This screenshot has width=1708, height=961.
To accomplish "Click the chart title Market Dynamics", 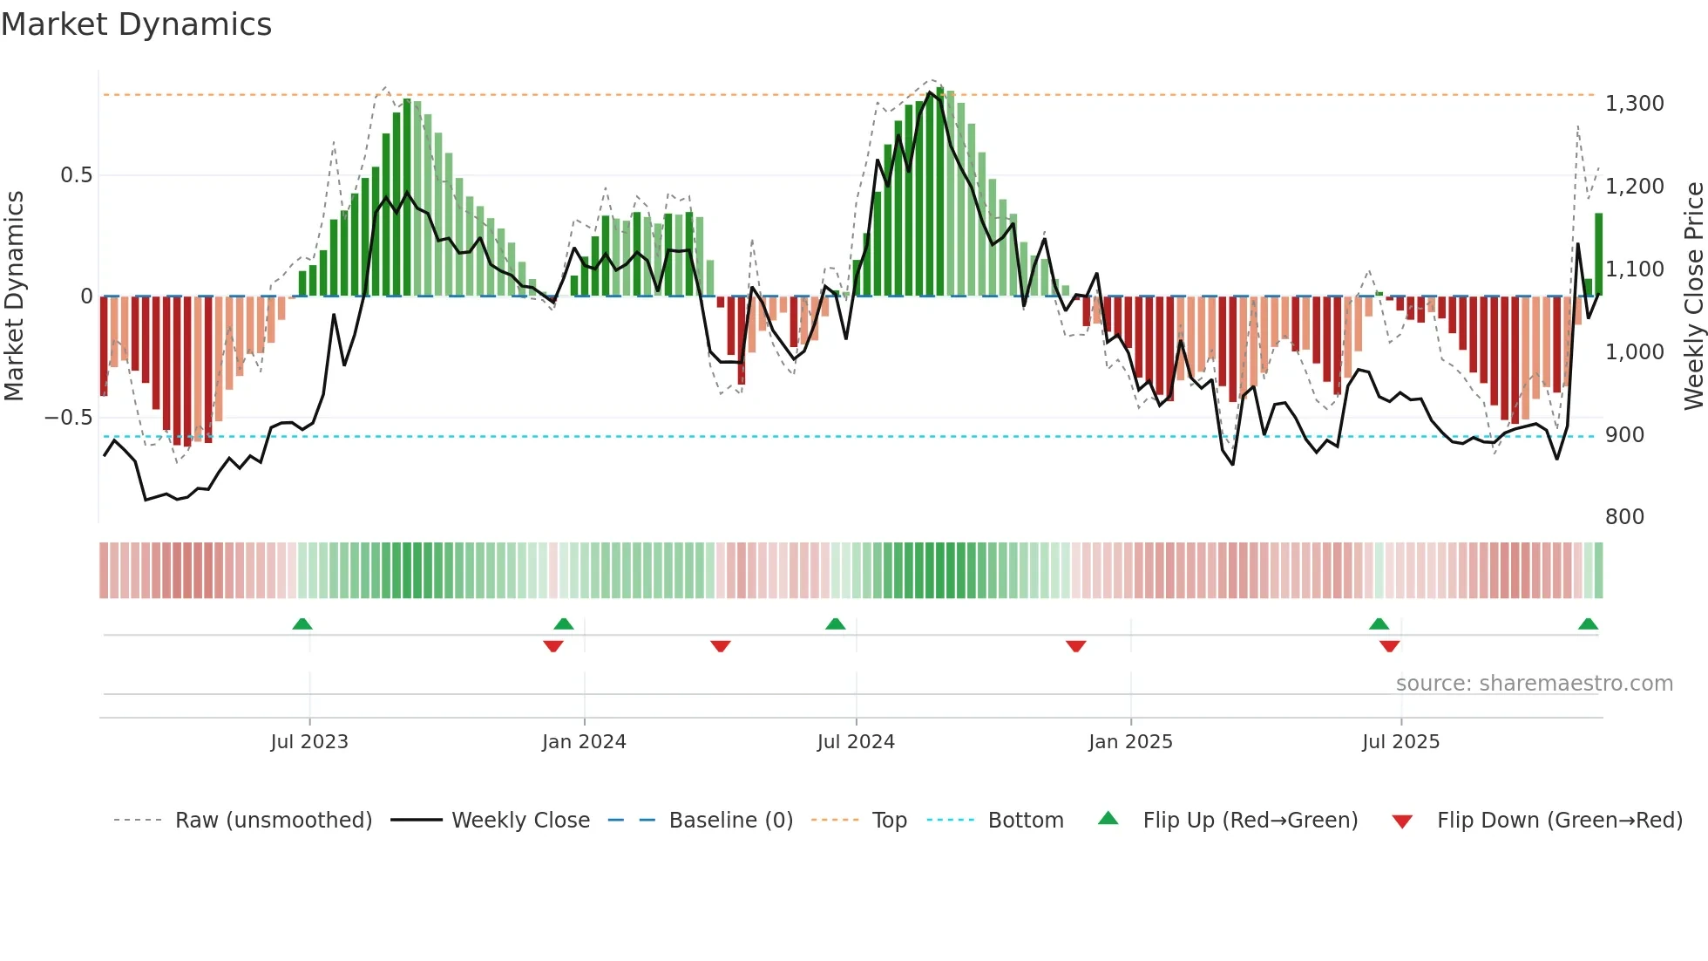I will (x=137, y=24).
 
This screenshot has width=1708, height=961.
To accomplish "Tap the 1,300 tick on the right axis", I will (x=1634, y=104).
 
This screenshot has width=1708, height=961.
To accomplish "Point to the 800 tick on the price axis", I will (x=1624, y=517).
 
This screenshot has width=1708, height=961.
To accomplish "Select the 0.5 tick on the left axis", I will (x=76, y=175).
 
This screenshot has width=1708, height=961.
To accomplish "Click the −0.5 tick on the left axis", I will (x=69, y=418).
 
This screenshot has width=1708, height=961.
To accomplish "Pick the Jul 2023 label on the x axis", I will (x=309, y=742).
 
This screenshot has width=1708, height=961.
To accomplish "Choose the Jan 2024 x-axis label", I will (x=584, y=742).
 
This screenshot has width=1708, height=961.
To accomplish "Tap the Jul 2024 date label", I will (x=856, y=742).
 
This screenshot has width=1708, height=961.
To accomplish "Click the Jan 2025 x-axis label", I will (x=1130, y=742).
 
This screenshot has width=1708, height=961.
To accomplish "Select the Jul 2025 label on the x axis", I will (x=1400, y=742).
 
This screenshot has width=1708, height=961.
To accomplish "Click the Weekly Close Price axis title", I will (x=1694, y=296).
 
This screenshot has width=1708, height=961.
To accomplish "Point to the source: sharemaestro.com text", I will (x=1534, y=684).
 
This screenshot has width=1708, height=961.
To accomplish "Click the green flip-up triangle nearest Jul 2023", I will (x=302, y=624).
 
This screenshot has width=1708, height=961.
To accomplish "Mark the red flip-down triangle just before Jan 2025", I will (x=1075, y=645).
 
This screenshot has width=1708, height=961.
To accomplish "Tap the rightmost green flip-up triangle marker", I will (x=1588, y=624).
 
